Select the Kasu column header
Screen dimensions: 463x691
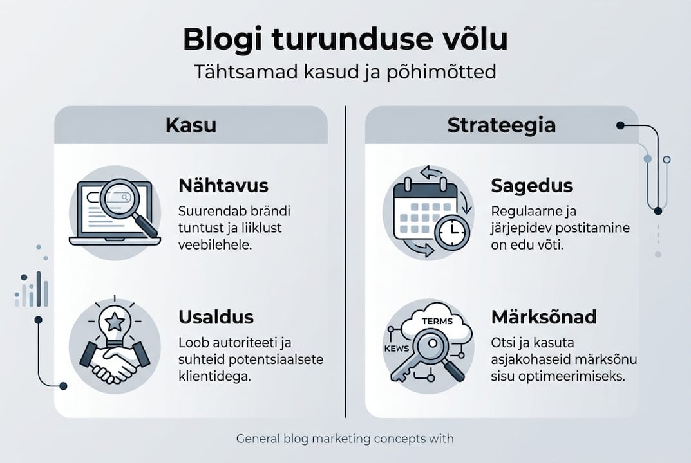coord(191,125)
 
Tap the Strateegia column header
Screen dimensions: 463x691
coord(501,125)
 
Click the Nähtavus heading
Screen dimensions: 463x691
coord(223,186)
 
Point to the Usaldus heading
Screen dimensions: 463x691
coord(216,317)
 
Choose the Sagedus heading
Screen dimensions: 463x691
coord(531,186)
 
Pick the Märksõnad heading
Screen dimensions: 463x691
coord(544,317)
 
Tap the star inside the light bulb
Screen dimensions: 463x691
coord(115,320)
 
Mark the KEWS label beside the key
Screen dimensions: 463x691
coord(397,347)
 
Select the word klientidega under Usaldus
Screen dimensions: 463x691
coord(214,376)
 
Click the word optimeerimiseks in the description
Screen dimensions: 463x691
coord(569,376)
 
